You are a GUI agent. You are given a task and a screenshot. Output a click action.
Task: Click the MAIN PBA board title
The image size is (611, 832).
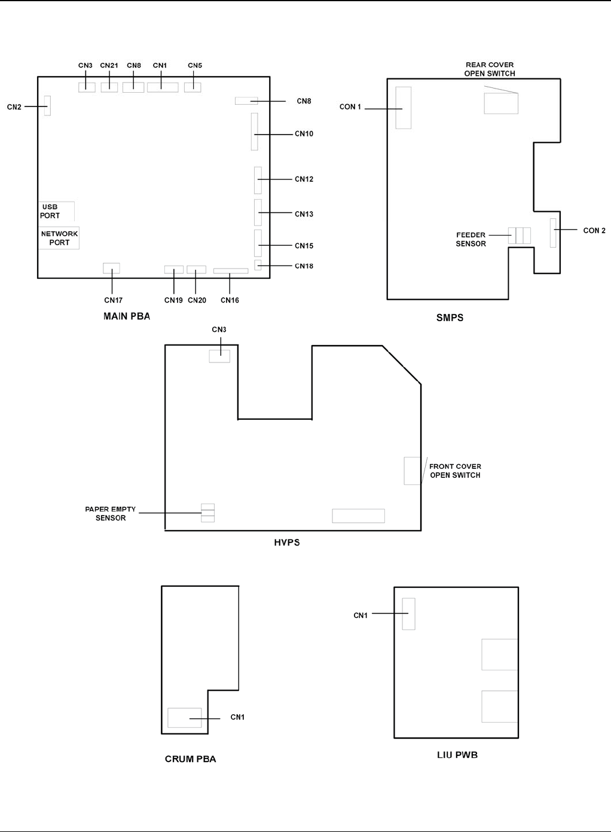(127, 316)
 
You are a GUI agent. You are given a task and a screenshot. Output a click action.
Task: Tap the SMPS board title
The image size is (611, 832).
(450, 318)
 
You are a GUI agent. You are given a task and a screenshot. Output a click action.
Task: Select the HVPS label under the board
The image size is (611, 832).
(287, 543)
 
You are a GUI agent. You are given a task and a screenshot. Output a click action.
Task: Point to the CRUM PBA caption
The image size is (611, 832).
(191, 759)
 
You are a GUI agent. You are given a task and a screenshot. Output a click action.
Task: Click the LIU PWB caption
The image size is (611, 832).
(457, 755)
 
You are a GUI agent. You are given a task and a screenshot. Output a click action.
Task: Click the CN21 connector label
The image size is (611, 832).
(109, 65)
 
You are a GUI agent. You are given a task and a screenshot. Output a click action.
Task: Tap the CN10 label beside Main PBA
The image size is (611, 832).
(304, 134)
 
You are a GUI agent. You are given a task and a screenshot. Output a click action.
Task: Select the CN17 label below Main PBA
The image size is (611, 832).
(113, 300)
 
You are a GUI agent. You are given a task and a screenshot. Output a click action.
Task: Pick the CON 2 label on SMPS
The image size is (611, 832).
(594, 230)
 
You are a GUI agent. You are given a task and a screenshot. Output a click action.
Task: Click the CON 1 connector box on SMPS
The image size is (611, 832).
(404, 108)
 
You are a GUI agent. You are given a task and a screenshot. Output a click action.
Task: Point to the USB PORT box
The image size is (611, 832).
(56, 211)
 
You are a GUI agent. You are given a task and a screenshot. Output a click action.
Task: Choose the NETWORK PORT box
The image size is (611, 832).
(59, 238)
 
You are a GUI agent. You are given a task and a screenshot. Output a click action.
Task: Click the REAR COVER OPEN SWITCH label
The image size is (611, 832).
(490, 69)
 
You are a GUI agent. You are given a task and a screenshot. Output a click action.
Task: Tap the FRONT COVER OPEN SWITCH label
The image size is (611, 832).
(455, 471)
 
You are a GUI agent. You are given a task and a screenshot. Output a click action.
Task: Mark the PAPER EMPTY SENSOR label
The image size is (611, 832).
(111, 513)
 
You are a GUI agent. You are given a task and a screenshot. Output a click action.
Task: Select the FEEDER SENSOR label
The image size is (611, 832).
(471, 239)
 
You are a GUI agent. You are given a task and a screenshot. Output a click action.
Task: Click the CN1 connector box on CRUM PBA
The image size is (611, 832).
(185, 718)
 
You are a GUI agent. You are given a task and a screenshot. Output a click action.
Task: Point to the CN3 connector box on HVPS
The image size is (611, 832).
(219, 356)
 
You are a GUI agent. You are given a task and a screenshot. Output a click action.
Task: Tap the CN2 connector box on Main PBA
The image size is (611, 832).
(47, 105)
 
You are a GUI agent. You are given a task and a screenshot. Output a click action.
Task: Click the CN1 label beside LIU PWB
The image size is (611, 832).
(361, 615)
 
